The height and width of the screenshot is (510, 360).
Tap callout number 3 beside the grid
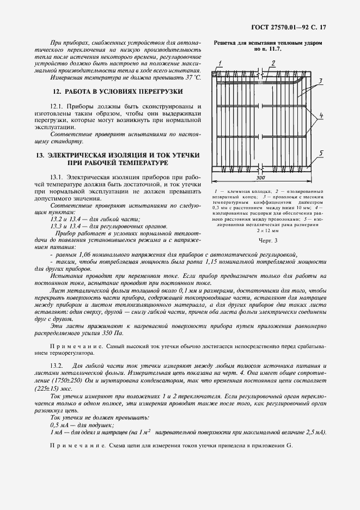[321, 81]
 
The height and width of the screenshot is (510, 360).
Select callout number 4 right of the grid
[321, 116]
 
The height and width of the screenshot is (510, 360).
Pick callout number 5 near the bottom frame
[321, 153]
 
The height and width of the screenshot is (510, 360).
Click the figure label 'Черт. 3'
[267, 240]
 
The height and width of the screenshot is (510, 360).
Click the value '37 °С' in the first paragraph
[191, 78]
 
